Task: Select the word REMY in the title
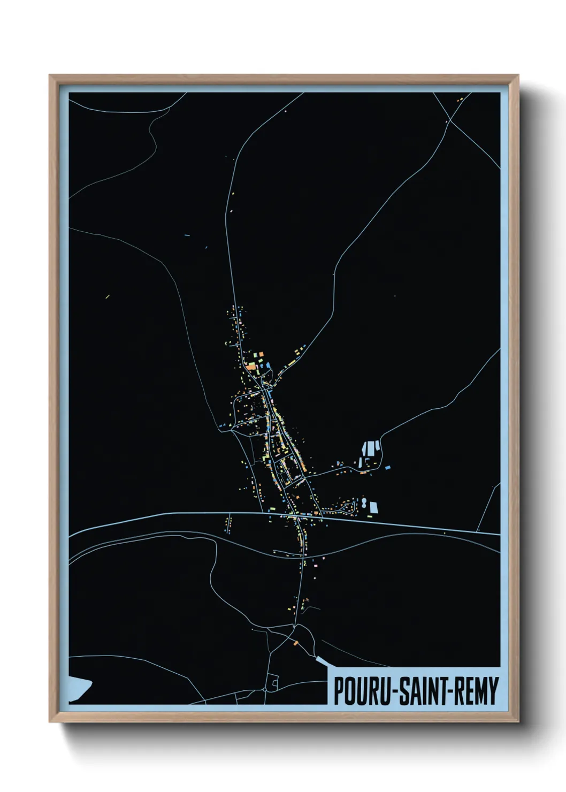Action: pos(477,691)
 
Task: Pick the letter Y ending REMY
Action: pos(494,691)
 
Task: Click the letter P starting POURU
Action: pos(338,691)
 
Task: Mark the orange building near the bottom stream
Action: pos(295,643)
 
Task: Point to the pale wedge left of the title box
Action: pos(321,661)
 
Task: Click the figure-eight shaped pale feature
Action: pos(364,503)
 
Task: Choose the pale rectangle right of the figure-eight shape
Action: pos(374,507)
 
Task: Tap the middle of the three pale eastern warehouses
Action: pos(369,448)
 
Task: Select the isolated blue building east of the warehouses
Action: pos(387,468)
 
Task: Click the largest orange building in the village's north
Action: pos(252,367)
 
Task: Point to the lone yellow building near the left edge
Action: pos(108,296)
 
